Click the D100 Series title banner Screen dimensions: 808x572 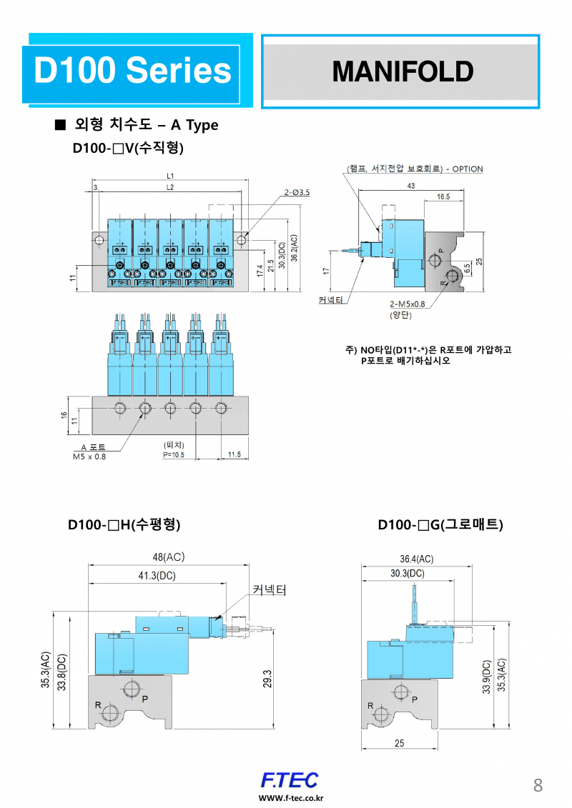[132, 71]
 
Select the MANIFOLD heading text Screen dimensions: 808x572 [402, 71]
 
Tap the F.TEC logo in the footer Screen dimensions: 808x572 [290, 779]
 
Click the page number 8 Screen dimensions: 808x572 [538, 786]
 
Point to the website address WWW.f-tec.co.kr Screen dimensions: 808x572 [290, 798]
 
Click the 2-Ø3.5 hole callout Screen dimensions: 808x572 [297, 192]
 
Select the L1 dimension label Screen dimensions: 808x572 [170, 175]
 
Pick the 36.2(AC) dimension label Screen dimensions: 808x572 [294, 249]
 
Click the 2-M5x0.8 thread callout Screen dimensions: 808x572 [408, 304]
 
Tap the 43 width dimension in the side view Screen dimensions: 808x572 [410, 186]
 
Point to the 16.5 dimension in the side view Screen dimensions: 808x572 [443, 196]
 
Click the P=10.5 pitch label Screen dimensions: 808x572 [174, 454]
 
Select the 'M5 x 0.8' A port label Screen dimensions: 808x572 [89, 457]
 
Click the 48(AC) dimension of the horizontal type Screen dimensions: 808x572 [167, 557]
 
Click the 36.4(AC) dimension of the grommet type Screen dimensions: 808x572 [416, 559]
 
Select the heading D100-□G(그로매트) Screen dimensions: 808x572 [440, 525]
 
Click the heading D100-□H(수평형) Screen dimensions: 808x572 [124, 525]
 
